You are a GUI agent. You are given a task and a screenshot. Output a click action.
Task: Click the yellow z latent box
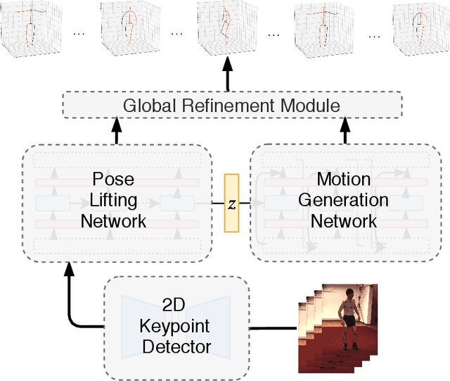pos(231,203)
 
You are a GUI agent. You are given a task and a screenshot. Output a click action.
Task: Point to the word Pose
pos(113,180)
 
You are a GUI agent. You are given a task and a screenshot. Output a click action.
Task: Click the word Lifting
pos(113,200)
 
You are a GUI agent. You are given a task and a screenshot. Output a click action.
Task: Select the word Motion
pos(344,179)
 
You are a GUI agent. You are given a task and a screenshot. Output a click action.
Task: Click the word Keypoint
pos(176,327)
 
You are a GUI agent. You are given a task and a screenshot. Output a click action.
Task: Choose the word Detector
pos(176,346)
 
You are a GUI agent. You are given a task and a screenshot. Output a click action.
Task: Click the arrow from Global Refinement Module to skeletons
pos(228,74)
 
